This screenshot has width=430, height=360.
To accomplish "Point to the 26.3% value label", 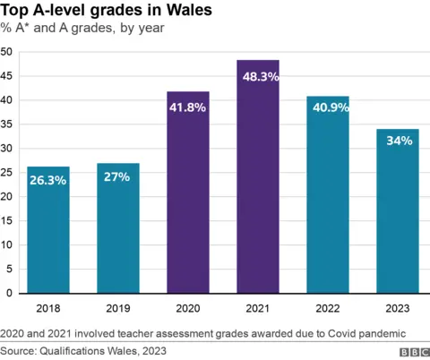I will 47,180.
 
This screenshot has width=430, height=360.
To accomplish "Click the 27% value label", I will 117,176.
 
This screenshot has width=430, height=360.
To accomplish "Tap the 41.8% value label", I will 188,107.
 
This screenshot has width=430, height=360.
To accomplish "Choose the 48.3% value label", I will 258,77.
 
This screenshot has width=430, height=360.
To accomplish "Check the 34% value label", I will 398,141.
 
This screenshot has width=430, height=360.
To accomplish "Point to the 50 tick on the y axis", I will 7,52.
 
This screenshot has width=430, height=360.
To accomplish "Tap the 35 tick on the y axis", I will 7,124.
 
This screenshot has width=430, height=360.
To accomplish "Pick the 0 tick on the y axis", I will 10,293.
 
